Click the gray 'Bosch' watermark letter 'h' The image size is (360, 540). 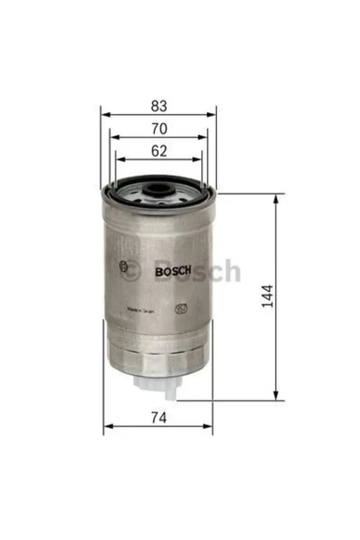[x=232, y=271]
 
